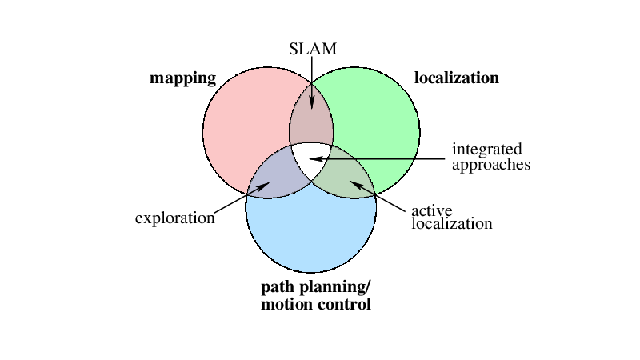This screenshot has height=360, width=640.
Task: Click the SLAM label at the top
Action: coord(312,50)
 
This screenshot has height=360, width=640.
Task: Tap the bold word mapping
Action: coord(183,78)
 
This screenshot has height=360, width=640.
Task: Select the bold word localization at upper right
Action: coord(456,78)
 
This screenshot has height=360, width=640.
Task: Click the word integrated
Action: coord(486,150)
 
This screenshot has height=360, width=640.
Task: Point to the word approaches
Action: coord(491,165)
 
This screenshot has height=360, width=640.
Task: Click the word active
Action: coord(431,210)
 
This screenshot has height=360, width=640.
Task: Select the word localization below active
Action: coord(451,223)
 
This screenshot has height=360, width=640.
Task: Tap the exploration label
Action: coord(174,218)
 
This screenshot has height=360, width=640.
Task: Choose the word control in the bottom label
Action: coord(344,305)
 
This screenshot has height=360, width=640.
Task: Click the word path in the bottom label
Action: coord(279,288)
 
